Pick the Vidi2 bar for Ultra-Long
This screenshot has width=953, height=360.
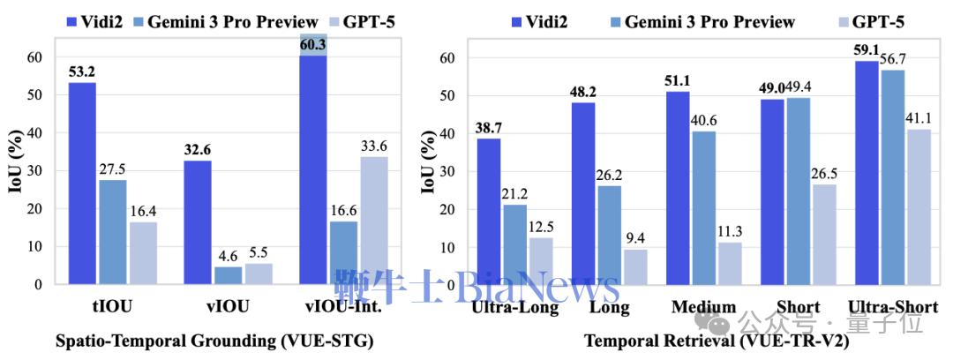(x=490, y=211)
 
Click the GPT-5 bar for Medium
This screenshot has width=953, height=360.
(x=729, y=263)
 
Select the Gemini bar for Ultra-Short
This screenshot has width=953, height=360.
(x=843, y=176)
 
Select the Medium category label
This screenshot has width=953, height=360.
(x=702, y=307)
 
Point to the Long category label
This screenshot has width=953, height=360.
(x=609, y=307)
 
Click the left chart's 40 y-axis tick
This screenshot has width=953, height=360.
(x=34, y=133)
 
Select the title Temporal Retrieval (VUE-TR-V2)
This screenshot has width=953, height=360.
(x=716, y=341)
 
